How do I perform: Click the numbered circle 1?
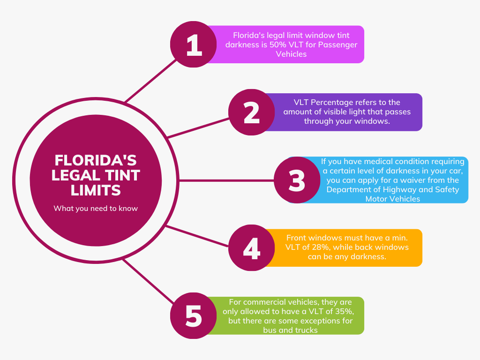pos(194,45)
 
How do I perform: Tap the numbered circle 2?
pos(252,112)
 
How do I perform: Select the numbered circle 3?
pos(297,180)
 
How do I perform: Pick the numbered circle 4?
pos(252,247)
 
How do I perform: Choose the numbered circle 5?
pos(194,315)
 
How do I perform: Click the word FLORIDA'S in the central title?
pos(96,160)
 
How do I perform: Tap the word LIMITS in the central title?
pos(96,190)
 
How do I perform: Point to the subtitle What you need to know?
pos(96,209)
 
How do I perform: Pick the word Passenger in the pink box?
pos(337,45)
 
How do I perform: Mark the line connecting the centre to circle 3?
pos(226,180)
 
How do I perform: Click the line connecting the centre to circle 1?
pos(150,81)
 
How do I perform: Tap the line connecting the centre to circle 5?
pos(149,281)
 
